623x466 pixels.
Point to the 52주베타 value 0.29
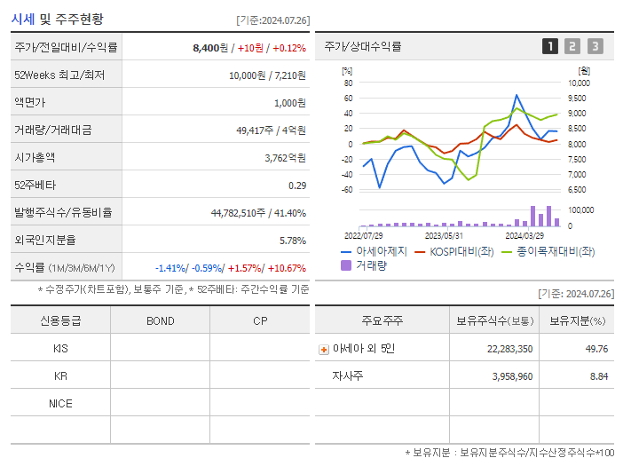point(296,186)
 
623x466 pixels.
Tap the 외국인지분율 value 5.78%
point(292,241)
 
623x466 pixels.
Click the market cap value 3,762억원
point(285,158)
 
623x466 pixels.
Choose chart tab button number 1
point(550,46)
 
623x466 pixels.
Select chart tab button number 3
point(595,46)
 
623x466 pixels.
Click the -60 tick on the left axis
point(347,190)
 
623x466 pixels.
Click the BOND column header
point(160,321)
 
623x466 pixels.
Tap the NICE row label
point(60,404)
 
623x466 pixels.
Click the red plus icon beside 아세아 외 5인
point(324,350)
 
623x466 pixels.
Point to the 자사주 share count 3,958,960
point(506,376)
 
